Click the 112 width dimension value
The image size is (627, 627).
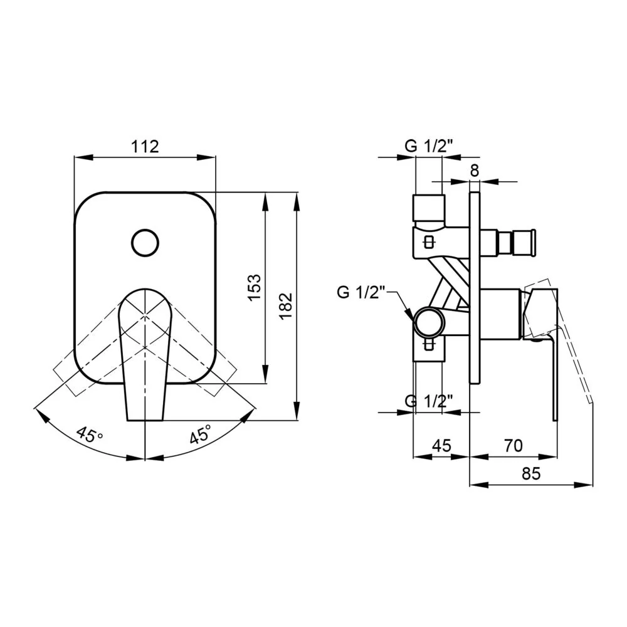[145, 147]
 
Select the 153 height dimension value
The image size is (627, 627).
[255, 288]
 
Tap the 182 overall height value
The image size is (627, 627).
[287, 307]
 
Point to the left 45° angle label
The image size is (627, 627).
[90, 435]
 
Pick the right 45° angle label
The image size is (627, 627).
[201, 435]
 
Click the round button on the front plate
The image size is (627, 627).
[145, 243]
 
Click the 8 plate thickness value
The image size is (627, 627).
[474, 171]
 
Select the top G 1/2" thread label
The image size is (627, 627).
[429, 146]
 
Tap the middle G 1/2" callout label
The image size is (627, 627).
[361, 292]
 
